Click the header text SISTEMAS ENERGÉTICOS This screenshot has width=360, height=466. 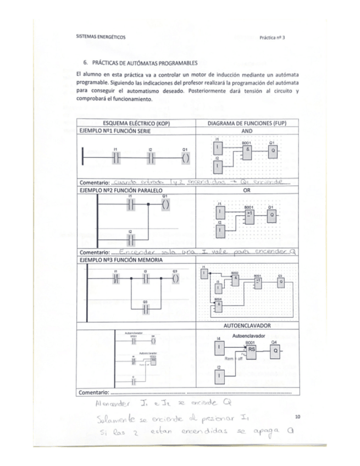101,37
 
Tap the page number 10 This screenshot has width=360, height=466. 298,417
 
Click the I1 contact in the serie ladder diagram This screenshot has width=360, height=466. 115,158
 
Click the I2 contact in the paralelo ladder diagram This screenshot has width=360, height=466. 130,240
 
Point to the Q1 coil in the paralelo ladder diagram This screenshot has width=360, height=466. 165,204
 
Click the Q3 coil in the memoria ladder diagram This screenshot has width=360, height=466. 175,279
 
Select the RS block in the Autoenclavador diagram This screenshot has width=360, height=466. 251,350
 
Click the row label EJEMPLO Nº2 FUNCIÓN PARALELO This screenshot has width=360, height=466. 117,190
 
